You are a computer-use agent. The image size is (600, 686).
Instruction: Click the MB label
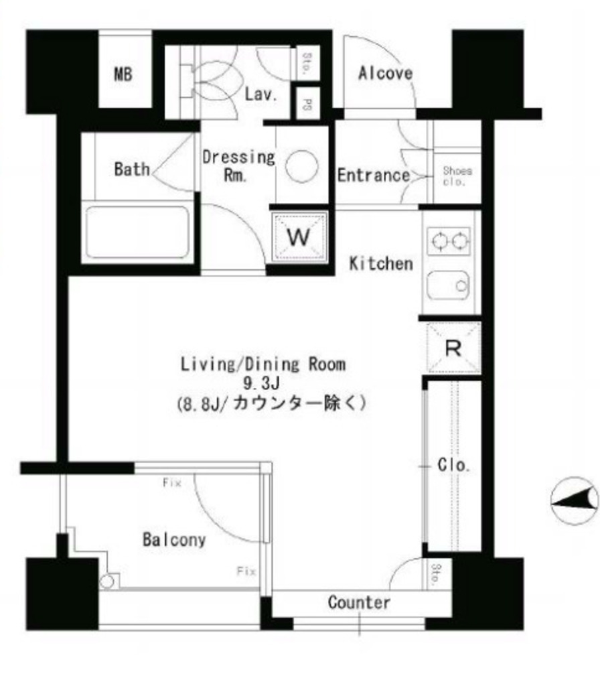(x=123, y=74)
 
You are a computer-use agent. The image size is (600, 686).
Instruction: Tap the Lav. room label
(x=260, y=94)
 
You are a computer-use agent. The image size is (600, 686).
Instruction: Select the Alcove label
(x=385, y=73)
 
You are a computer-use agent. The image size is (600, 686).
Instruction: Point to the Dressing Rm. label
(x=238, y=166)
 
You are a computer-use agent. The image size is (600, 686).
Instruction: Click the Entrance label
(x=373, y=176)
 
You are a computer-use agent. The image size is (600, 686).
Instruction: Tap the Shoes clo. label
(x=457, y=176)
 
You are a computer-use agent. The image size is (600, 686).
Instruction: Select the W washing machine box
(x=299, y=236)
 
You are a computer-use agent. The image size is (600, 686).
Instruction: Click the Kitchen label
(x=381, y=263)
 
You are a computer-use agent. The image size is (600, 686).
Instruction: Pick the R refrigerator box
(x=453, y=348)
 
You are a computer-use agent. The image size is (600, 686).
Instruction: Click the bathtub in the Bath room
(x=137, y=231)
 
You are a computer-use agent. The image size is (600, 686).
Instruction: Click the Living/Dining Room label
(x=263, y=364)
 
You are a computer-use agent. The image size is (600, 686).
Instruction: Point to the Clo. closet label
(x=453, y=465)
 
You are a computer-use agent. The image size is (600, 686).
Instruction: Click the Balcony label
(x=173, y=539)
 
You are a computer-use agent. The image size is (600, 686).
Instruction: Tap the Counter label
(x=359, y=602)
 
